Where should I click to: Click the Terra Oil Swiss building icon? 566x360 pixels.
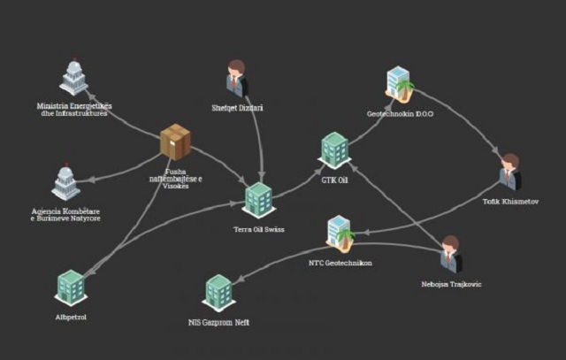pos(257,199)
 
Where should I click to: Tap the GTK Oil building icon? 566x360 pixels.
pos(335,149)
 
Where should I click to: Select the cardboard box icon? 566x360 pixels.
pos(175,142)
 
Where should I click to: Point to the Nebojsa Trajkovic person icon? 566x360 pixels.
pos(451,254)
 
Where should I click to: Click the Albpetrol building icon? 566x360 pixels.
pos(71,287)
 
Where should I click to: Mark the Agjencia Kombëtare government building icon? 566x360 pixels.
pos(65,182)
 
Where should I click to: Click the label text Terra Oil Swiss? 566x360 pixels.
pos(257,229)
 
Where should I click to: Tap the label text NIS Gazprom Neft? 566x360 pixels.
pos(218,323)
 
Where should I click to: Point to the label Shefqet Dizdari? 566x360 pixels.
pos(237,109)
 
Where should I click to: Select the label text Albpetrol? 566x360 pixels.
pos(71,317)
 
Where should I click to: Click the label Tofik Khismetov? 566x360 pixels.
pos(509,202)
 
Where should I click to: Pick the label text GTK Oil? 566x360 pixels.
pos(335,180)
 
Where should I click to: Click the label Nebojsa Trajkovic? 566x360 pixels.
pos(451,284)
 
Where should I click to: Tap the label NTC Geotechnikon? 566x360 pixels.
pos(340,264)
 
